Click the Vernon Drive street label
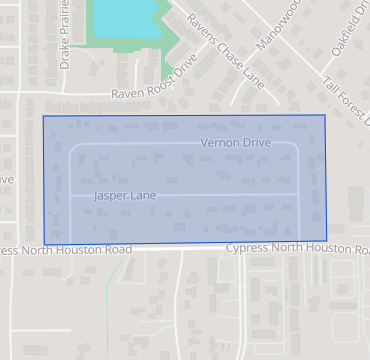click(x=236, y=143)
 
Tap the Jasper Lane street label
click(x=124, y=195)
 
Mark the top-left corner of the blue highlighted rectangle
click(x=43, y=116)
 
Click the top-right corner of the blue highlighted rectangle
click(x=325, y=115)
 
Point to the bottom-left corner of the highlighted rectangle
click(x=45, y=245)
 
